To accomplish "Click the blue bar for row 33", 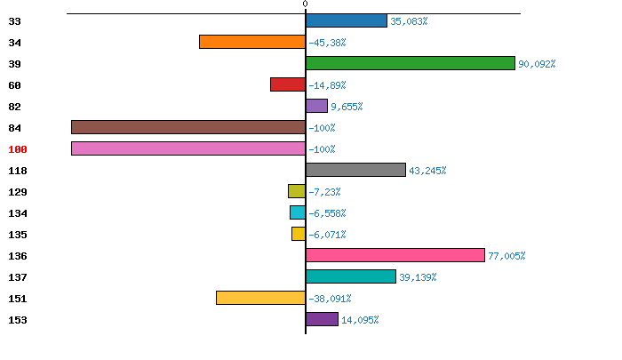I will (x=347, y=20).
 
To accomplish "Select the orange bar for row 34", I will (x=252, y=42).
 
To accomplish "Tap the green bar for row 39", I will (x=411, y=63).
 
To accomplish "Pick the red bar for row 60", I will (x=288, y=84).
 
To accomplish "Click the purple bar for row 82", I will (x=316, y=106).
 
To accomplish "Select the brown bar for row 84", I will (x=188, y=127).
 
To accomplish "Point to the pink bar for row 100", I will (x=188, y=148).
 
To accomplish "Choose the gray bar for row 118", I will (x=355, y=170).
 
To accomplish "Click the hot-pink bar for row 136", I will (x=395, y=255).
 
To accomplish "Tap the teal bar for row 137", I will (x=351, y=276).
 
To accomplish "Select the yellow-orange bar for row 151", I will (x=260, y=298).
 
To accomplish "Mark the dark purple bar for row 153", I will (x=322, y=319).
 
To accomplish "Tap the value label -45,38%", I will (x=327, y=43).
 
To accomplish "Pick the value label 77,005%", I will (x=506, y=256).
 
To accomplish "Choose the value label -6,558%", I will (x=327, y=213).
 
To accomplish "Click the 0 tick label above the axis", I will (x=305, y=4).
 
